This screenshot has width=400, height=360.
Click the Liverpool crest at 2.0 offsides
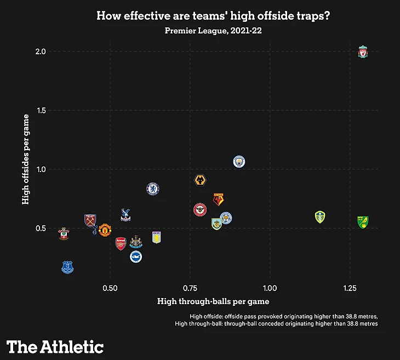click(x=362, y=53)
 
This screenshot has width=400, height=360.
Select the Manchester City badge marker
click(x=238, y=162)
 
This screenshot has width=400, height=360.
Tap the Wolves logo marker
click(x=201, y=181)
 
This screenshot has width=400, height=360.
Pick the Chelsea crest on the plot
click(x=153, y=188)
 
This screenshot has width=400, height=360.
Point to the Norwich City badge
click(x=362, y=222)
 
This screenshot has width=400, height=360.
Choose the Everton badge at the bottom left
click(x=67, y=267)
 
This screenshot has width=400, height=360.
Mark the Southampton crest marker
click(x=64, y=234)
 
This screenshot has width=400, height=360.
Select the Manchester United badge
click(x=105, y=230)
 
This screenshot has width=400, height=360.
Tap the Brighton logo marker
click(x=136, y=256)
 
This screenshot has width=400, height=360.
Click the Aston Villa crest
click(x=157, y=237)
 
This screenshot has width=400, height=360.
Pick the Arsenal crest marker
click(x=121, y=244)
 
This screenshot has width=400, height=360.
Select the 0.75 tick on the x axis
click(x=190, y=288)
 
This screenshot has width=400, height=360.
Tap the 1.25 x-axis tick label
click(x=349, y=288)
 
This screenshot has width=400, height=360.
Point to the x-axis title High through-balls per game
click(x=213, y=301)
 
